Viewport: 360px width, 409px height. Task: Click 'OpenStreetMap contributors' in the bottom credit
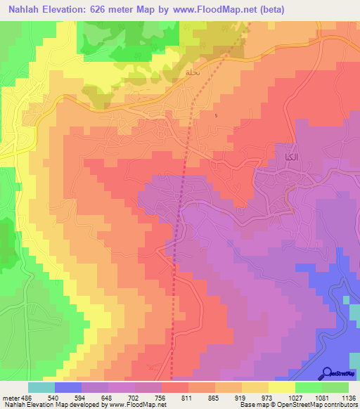(321, 405)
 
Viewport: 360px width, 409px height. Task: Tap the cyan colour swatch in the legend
(41, 387)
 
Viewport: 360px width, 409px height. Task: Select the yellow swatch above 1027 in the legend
(282, 387)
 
